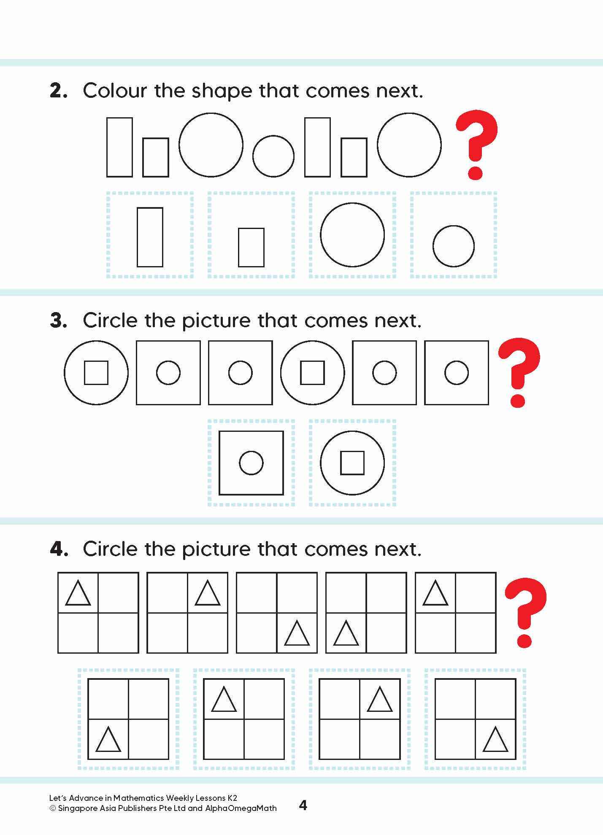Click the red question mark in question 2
pyautogui.click(x=476, y=143)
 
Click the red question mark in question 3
pyautogui.click(x=519, y=371)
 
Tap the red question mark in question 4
pyautogui.click(x=525, y=611)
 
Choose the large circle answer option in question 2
pyautogui.click(x=352, y=235)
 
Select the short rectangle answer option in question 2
pyautogui.click(x=251, y=247)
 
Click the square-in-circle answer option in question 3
pyautogui.click(x=352, y=463)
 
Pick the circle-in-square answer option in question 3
pyautogui.click(x=251, y=463)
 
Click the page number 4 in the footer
pyautogui.click(x=303, y=805)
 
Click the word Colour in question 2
pyautogui.click(x=115, y=91)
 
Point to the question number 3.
pyautogui.click(x=58, y=321)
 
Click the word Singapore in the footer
pyautogui.click(x=77, y=808)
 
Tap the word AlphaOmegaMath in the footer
pyautogui.click(x=241, y=808)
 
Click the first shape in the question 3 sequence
pyautogui.click(x=96, y=373)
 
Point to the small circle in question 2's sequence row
pyautogui.click(x=273, y=156)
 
